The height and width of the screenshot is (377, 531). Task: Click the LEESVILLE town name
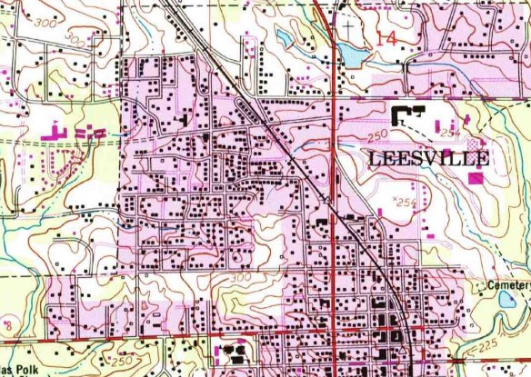pyautogui.click(x=429, y=159)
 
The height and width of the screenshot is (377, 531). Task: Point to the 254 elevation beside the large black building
pyautogui.click(x=448, y=133)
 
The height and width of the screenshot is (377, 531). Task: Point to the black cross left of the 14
pyautogui.click(x=347, y=26)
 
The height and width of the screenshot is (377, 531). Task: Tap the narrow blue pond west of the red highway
pyautogui.click(x=285, y=38)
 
